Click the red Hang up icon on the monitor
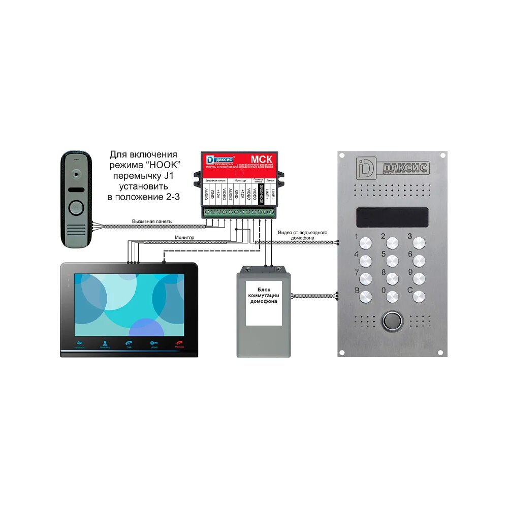click(179, 344)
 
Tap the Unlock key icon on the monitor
click(153, 344)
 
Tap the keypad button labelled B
click(366, 296)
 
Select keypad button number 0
click(392, 296)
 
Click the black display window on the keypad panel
click(392, 217)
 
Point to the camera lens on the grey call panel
click(76, 173)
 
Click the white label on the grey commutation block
click(264, 303)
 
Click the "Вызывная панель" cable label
click(152, 221)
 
